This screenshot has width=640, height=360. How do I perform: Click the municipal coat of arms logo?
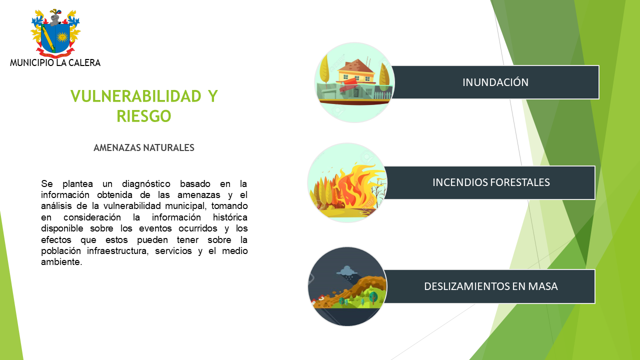click(x=55, y=33)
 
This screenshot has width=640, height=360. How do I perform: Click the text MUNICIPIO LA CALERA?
click(x=55, y=63)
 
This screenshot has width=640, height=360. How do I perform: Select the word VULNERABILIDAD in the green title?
click(x=136, y=96)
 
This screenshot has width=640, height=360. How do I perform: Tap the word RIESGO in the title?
click(x=143, y=116)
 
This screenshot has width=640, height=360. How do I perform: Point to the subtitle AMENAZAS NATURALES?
click(x=144, y=147)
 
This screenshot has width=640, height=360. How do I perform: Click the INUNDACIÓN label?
click(x=495, y=82)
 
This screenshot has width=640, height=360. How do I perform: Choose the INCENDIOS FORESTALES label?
click(x=491, y=182)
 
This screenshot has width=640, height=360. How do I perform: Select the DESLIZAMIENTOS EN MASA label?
click(x=491, y=286)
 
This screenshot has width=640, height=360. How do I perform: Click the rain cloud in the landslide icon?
click(x=347, y=270)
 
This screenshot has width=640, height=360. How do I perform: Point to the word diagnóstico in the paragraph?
click(x=146, y=184)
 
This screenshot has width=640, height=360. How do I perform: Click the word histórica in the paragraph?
click(x=230, y=217)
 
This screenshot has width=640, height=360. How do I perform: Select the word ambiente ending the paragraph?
click(x=61, y=262)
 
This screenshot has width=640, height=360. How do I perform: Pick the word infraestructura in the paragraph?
click(x=117, y=251)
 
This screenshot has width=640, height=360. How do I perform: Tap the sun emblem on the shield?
click(x=62, y=37)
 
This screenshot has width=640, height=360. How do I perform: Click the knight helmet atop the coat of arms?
click(x=55, y=18)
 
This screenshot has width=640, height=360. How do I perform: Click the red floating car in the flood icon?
click(x=349, y=83)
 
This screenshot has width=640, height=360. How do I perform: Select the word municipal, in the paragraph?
click(x=185, y=206)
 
